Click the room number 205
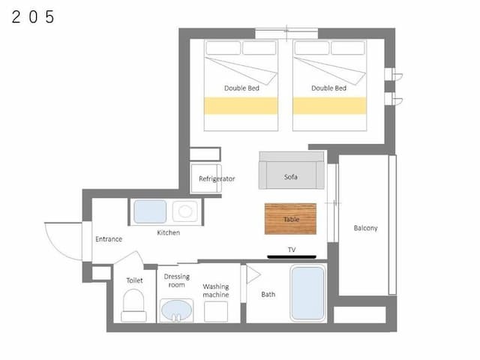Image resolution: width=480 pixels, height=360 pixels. coord(33,16)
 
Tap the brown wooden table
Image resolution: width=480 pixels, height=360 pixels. coord(290,219)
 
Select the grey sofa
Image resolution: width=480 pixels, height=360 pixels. coord(292,170)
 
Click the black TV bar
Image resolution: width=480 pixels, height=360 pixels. coord(292,256)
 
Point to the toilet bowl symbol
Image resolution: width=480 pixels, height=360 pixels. coord(133,305)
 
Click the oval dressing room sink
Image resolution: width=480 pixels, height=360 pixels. coord(177,310)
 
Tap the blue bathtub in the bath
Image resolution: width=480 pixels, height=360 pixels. coord(307,293)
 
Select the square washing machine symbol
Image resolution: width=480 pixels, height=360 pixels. coord(216,312)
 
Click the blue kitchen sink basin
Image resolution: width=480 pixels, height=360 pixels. coord(150,211)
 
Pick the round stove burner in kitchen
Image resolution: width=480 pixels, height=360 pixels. coord(185,211)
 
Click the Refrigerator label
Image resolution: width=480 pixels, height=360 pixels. coord(217,178)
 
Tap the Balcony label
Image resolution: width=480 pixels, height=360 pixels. coord(365,228)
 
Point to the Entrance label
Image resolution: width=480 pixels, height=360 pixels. coord(109,239)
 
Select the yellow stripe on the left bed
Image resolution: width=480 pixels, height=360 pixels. coord(241,106)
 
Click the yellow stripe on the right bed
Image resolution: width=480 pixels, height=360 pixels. coord(330,106)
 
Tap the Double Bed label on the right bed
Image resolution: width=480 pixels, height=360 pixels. coord(328,88)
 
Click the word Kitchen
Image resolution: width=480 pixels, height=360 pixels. coord(168,232)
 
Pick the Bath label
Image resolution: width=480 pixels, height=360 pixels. coord(268,295)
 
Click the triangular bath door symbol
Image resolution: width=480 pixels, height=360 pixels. coord(253,274)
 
